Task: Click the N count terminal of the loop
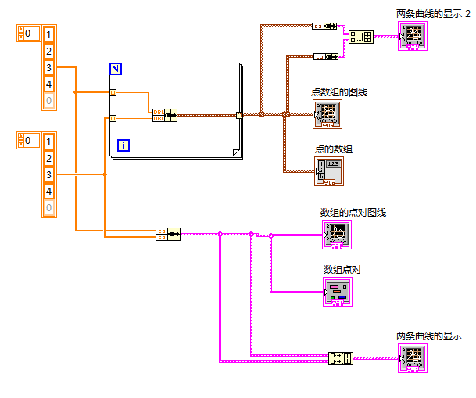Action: [116, 70]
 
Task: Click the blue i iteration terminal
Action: [123, 145]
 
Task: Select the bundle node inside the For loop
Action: [165, 116]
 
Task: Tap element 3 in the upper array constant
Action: [48, 68]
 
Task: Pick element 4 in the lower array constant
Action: [48, 191]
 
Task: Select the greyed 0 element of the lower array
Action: [48, 207]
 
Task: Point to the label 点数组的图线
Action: [339, 92]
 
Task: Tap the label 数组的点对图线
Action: [353, 213]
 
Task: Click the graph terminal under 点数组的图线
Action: [328, 114]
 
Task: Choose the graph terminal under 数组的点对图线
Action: [338, 234]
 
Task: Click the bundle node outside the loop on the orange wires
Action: [168, 232]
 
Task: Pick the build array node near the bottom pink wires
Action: [341, 358]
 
